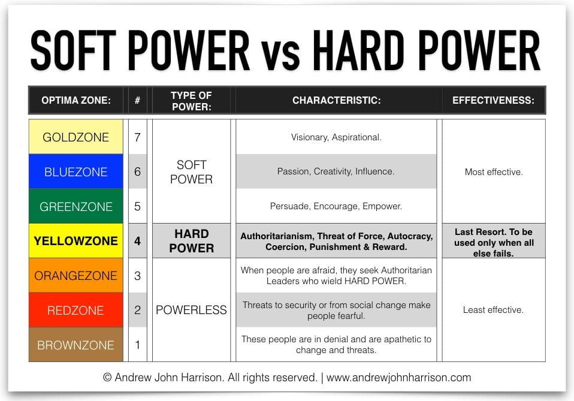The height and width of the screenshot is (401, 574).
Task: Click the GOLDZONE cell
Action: [x=75, y=137]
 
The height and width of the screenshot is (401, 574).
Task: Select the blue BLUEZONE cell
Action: [x=75, y=171]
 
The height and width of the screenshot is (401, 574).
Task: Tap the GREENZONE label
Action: [x=75, y=207]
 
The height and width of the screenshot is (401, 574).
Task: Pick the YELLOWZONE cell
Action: [x=75, y=240]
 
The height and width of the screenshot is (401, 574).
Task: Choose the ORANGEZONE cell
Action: [x=75, y=275]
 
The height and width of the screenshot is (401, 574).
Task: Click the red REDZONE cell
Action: [x=75, y=310]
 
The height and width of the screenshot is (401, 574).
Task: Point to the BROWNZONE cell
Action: [x=75, y=345]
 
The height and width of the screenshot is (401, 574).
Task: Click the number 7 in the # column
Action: [x=137, y=137]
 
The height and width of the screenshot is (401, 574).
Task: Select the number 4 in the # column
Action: [x=137, y=241]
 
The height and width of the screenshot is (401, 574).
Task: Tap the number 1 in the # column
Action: [x=137, y=345]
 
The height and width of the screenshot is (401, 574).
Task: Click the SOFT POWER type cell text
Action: [x=192, y=172]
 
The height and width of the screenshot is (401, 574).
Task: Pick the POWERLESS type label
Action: [x=192, y=310]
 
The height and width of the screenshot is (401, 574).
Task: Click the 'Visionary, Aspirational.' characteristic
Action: [x=336, y=137]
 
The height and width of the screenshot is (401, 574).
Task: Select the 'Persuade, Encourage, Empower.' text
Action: [x=336, y=206]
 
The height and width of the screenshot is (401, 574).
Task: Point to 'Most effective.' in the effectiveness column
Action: [x=494, y=172]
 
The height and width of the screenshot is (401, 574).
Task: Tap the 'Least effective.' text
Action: [x=494, y=310]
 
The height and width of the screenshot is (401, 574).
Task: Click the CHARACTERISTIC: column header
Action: [x=336, y=100]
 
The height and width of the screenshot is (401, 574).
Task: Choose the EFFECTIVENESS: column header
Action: [x=494, y=100]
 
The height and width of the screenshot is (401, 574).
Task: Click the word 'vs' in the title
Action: [x=281, y=55]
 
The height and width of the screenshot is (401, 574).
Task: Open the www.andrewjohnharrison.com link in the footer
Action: [x=398, y=378]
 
